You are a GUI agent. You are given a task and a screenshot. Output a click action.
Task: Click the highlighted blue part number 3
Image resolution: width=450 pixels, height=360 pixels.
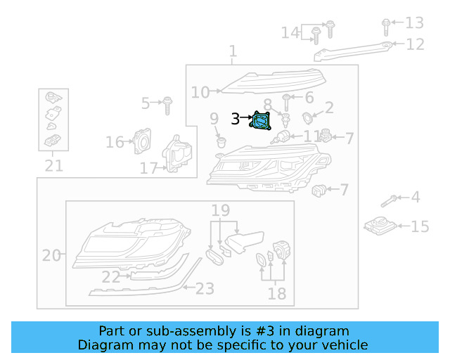coord(262,122)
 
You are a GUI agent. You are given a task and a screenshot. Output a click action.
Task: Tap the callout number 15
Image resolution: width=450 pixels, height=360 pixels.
coord(420,226)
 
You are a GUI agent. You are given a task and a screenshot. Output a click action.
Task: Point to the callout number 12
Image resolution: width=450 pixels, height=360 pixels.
coord(416,44)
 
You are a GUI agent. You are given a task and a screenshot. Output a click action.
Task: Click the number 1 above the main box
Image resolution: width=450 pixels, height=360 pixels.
coord(233,51)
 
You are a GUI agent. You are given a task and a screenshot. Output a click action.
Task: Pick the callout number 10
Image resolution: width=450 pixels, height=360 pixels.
coord(200,92)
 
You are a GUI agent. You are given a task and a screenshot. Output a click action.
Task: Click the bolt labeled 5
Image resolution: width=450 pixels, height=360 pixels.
coord(168,105)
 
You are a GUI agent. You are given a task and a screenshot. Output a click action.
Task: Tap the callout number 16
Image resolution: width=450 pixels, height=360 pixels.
coord(115,143)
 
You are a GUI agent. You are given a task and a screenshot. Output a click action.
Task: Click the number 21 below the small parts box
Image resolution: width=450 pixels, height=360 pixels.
coord(53,167)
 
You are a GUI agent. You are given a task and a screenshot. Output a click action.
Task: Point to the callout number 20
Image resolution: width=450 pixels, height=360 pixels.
coord(51,255)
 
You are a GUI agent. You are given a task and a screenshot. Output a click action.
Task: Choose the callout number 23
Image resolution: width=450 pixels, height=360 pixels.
coord(205,288)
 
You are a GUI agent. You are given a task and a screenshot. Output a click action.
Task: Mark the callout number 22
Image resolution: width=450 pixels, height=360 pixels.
coord(110,278)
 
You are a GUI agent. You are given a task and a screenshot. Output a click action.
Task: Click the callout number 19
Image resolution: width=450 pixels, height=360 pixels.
coord(221,210)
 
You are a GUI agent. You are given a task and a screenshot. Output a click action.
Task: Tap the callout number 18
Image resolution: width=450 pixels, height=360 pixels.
coord(277,294)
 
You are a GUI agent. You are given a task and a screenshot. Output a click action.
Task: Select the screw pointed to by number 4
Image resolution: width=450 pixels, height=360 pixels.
coord(389,201)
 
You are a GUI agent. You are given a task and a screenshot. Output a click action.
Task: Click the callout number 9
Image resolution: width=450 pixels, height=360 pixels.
coord(214,120)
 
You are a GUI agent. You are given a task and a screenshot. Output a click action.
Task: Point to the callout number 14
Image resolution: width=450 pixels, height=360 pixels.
coord(290,32)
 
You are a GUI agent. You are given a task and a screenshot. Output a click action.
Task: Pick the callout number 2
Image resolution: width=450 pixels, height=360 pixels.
coord(328,107)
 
